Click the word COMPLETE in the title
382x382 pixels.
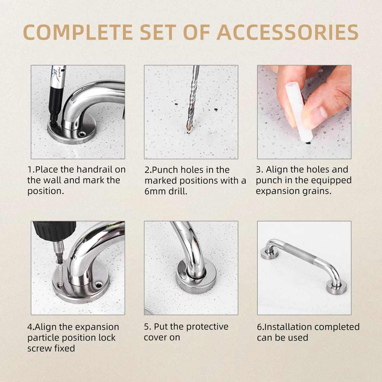pos(78,32)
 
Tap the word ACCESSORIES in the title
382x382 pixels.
pos(287,32)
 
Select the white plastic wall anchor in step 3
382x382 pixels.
pos(299,112)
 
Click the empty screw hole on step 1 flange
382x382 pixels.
pos(81,134)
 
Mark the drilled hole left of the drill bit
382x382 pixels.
pos(176,104)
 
